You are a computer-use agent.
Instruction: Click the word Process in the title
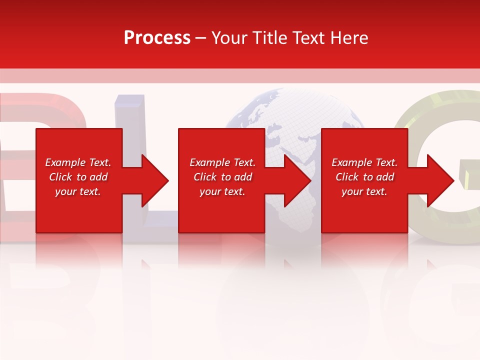157,38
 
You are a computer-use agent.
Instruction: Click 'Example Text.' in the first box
78,162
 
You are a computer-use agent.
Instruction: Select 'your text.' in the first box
78,191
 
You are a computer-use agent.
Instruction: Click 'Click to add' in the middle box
222,177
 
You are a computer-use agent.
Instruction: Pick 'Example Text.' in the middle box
222,162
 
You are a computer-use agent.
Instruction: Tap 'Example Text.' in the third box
364,162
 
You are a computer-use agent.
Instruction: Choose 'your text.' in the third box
364,191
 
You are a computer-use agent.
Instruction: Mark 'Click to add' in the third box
364,177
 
